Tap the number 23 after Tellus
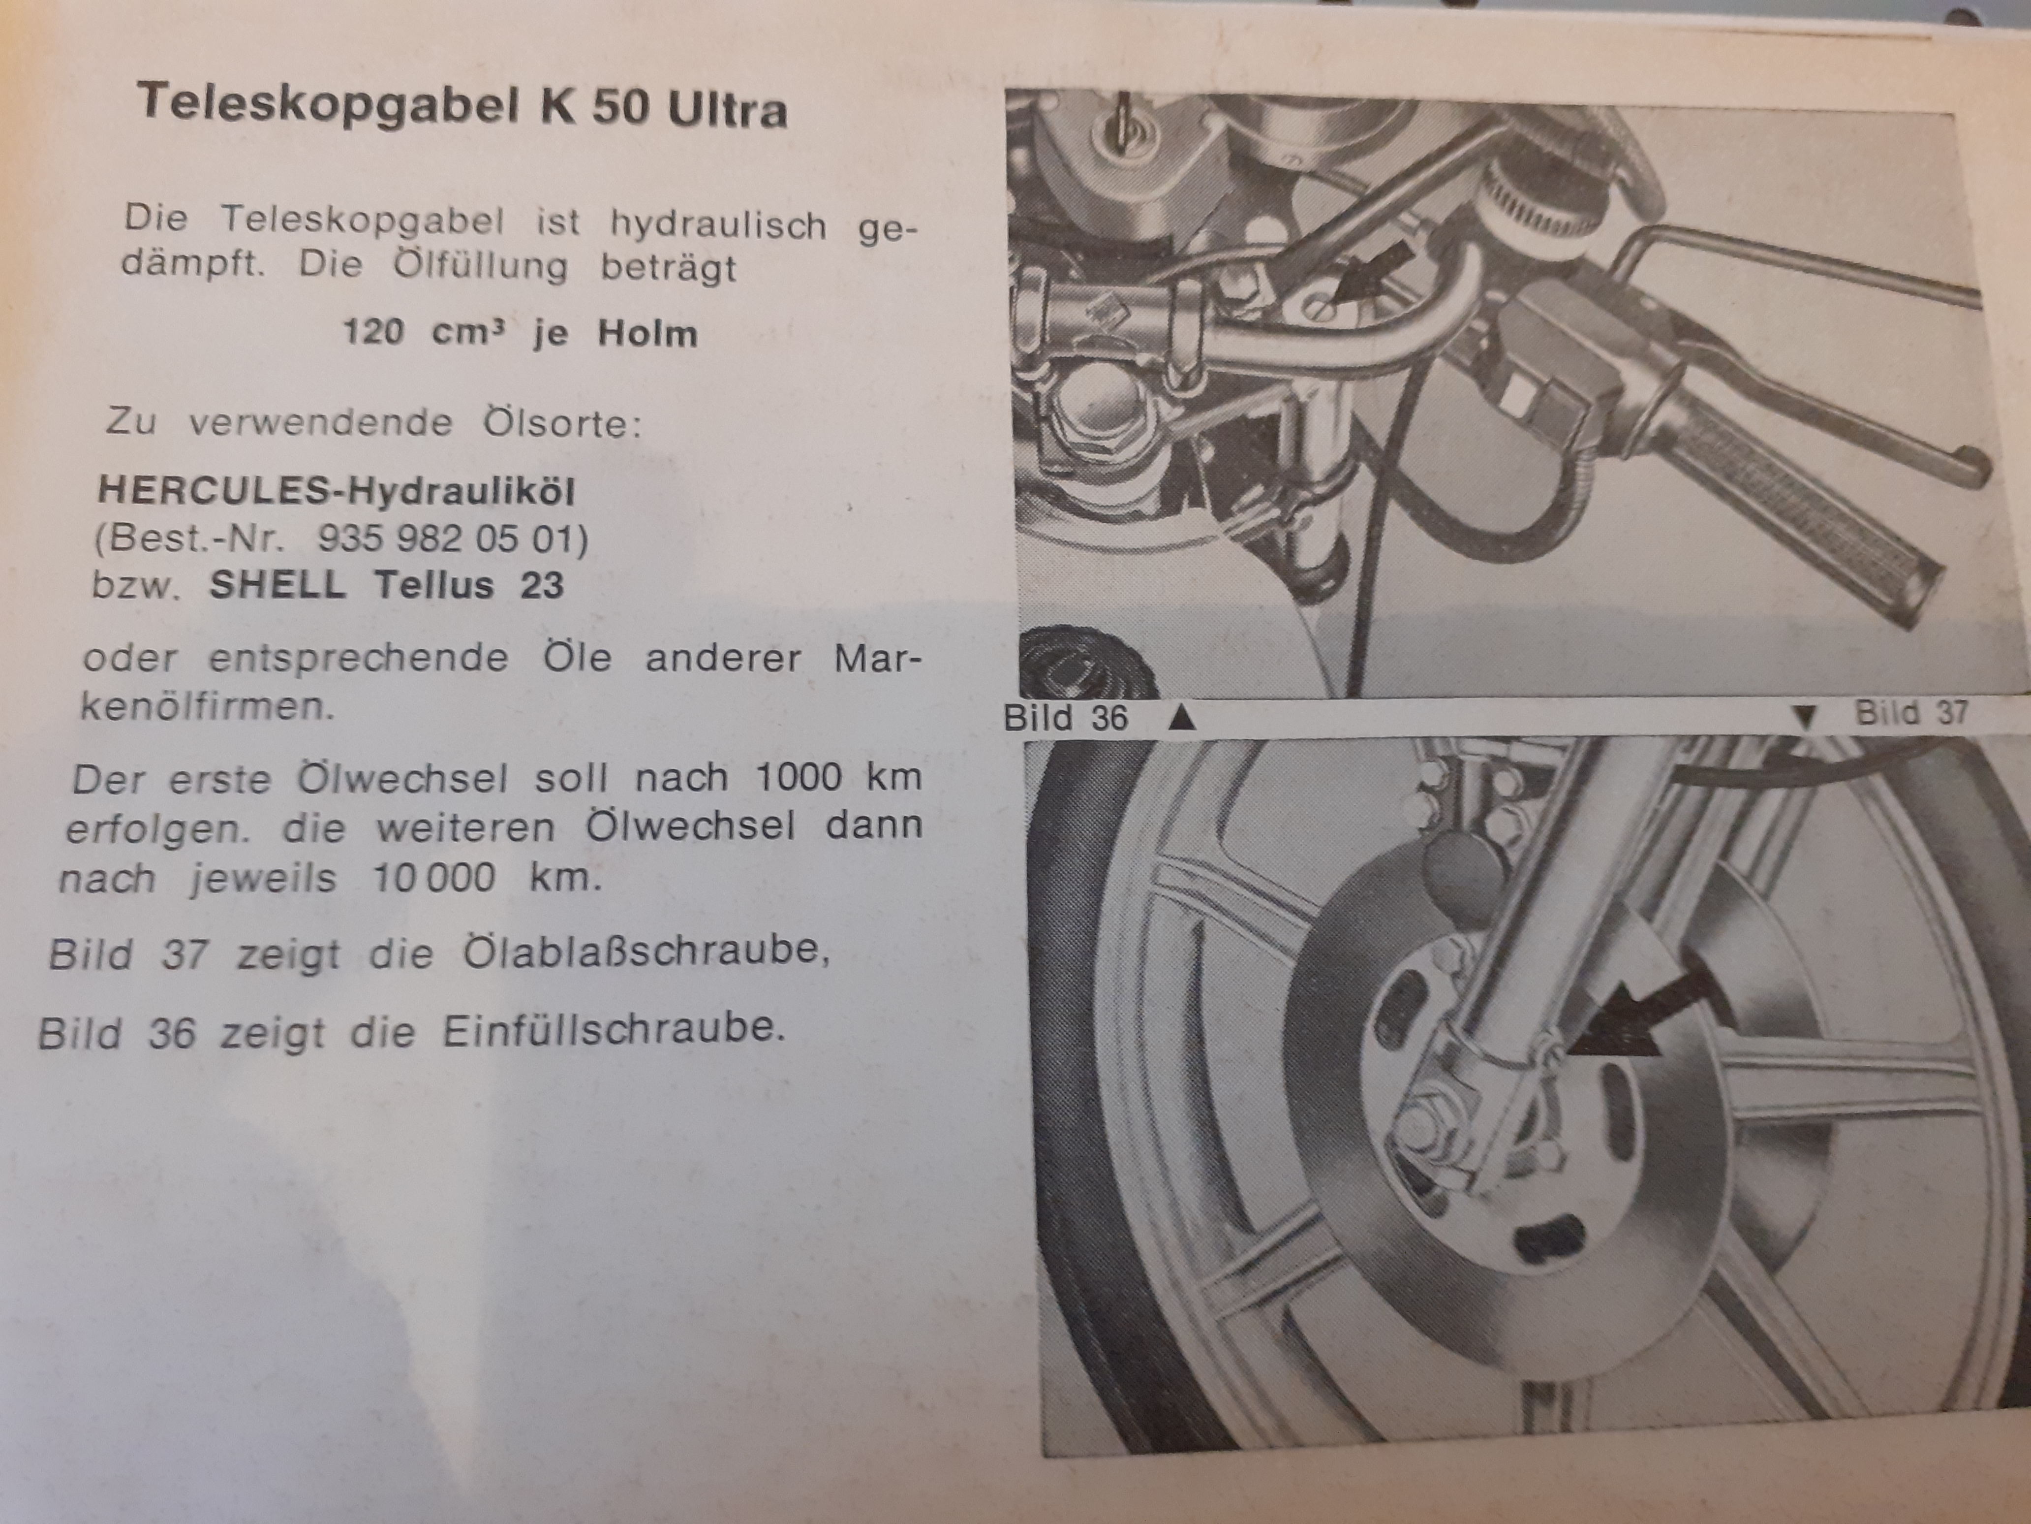pos(542,585)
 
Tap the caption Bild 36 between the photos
pos(1065,717)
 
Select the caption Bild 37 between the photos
pos(1911,712)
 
